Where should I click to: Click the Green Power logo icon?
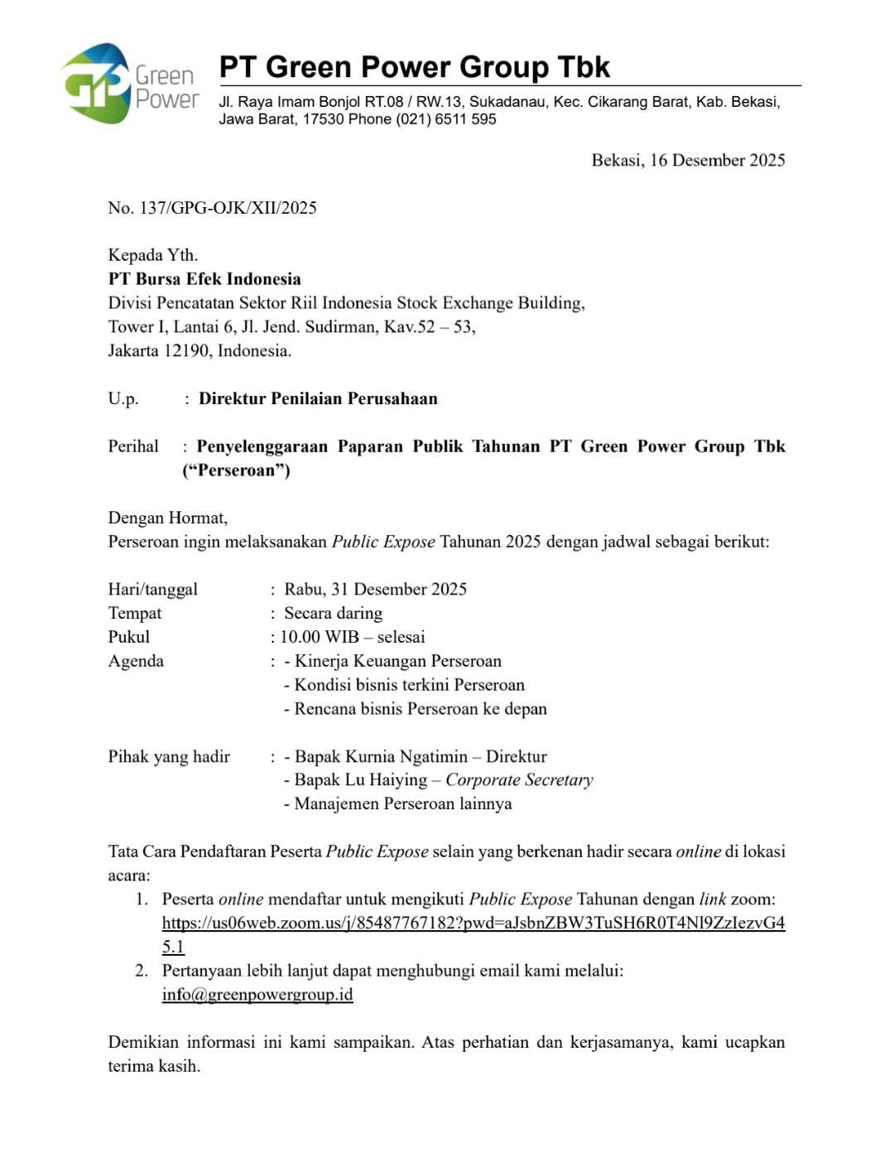pyautogui.click(x=97, y=84)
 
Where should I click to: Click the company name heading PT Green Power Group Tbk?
pyautogui.click(x=414, y=66)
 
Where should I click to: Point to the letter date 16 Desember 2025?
pyautogui.click(x=717, y=161)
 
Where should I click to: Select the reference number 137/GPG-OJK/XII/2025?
pyautogui.click(x=228, y=208)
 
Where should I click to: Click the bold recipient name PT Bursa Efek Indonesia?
pyautogui.click(x=204, y=279)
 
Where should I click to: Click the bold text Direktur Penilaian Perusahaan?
pyautogui.click(x=318, y=399)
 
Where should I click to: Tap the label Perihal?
pyautogui.click(x=133, y=447)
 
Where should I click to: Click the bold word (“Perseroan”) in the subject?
pyautogui.click(x=237, y=471)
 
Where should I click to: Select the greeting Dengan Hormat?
pyautogui.click(x=168, y=518)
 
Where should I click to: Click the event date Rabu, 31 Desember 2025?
pyautogui.click(x=376, y=590)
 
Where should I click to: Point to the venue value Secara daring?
pyautogui.click(x=334, y=614)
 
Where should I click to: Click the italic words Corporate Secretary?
pyautogui.click(x=519, y=780)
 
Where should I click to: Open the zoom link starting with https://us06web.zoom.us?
pyautogui.click(x=473, y=923)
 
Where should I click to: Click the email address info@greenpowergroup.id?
pyautogui.click(x=257, y=995)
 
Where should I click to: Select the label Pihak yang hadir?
pyautogui.click(x=169, y=757)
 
